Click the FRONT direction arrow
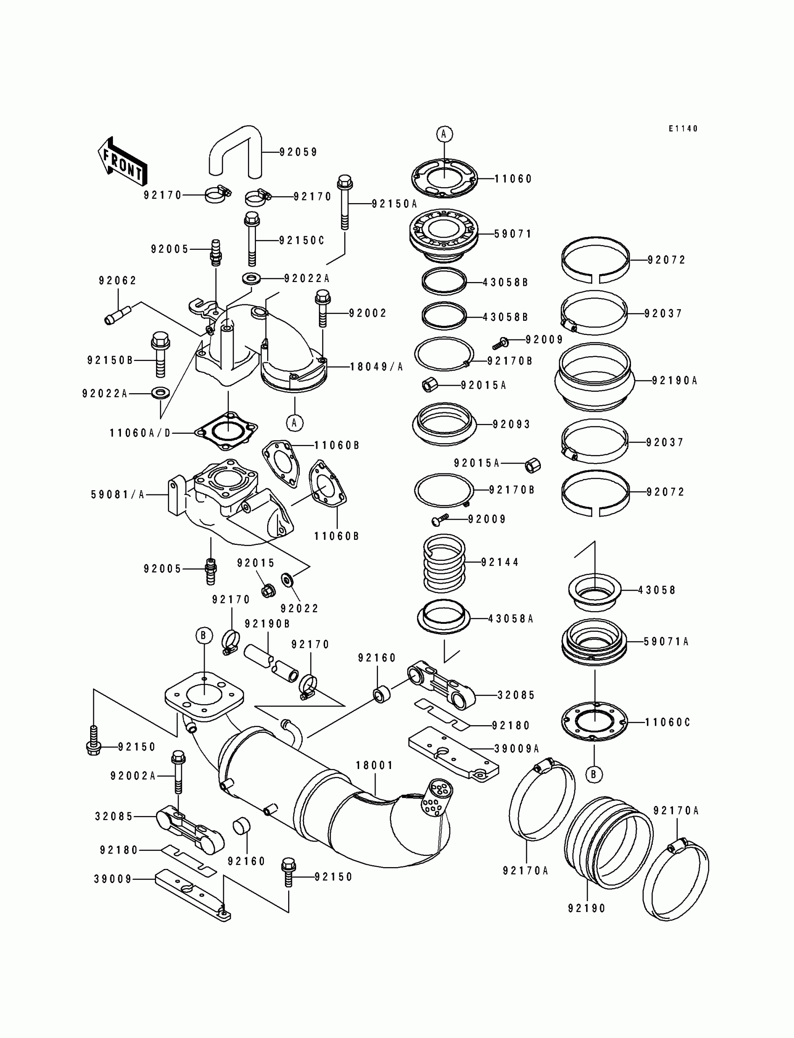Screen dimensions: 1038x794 [122, 161]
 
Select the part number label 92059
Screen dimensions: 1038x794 [298, 152]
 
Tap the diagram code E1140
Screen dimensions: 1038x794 [683, 128]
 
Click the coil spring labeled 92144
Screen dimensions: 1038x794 [444, 563]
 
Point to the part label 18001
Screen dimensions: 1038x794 [374, 765]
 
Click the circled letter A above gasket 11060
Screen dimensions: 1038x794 [444, 134]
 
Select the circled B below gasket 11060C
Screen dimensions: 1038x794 [594, 774]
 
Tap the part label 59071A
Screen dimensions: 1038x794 [666, 642]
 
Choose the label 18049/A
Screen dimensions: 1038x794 [376, 367]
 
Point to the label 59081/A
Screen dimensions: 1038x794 [118, 494]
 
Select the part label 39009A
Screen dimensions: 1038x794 [517, 749]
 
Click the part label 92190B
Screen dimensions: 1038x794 [267, 624]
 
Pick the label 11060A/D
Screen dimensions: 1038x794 [140, 433]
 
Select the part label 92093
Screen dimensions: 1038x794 [511, 424]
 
